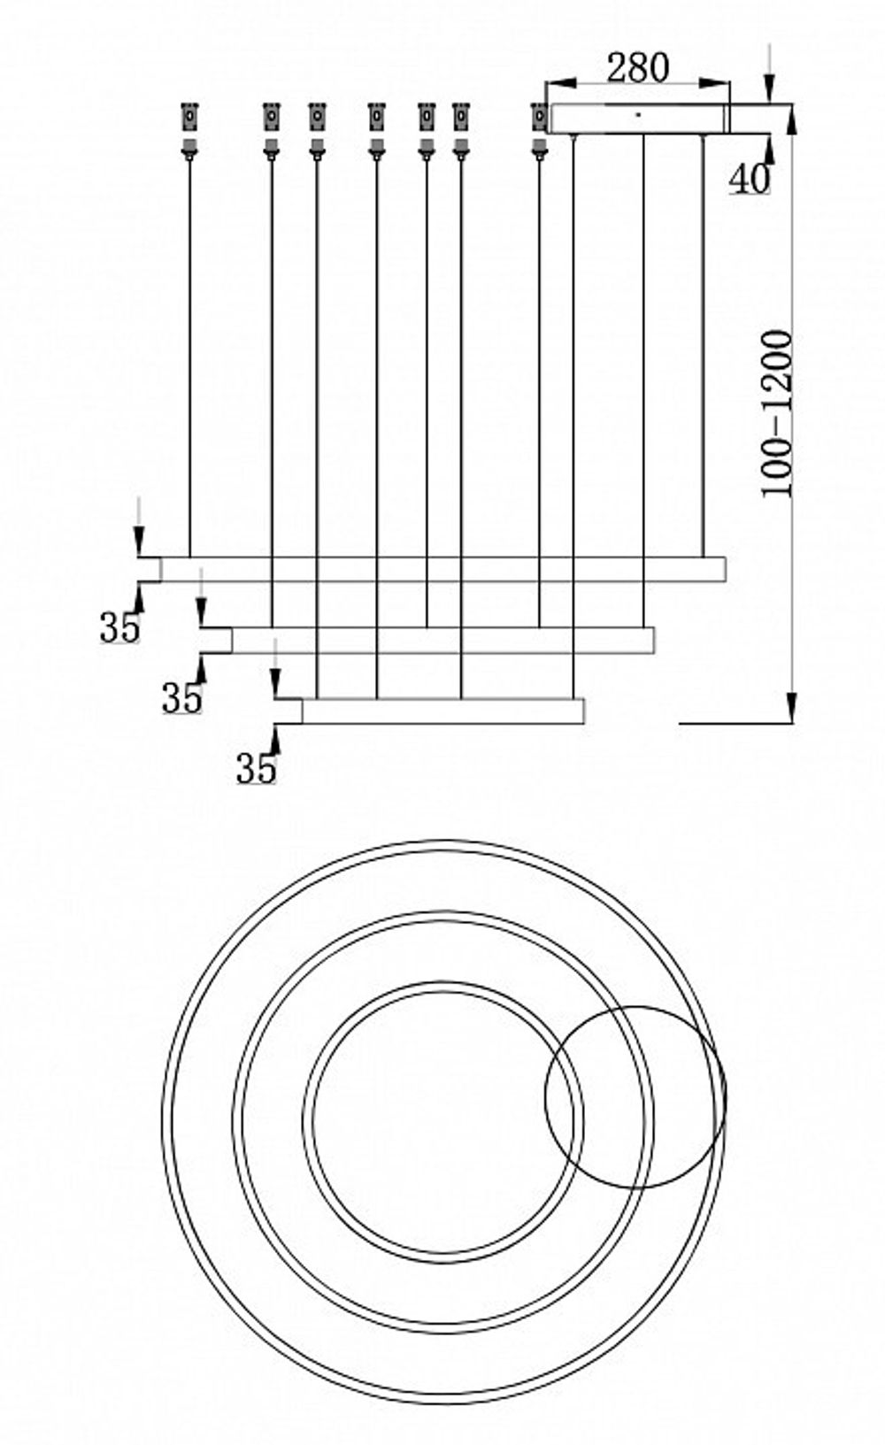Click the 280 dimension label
638,67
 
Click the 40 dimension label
749,179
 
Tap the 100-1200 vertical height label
778,413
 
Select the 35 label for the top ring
119,627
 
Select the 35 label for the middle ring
181,698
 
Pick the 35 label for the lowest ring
256,768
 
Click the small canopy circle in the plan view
635,1095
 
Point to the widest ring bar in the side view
442,569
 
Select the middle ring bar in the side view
442,640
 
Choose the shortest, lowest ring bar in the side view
442,711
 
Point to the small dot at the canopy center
637,113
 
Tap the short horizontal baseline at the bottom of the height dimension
735,724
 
